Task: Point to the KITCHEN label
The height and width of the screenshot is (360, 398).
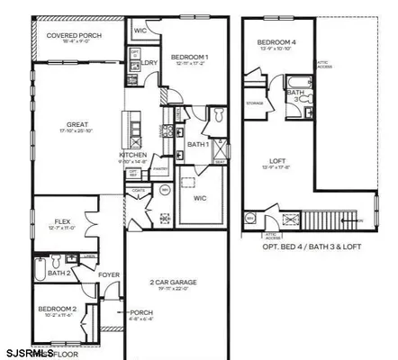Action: pyautogui.click(x=132, y=154)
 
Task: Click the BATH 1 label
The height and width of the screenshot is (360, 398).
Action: pyautogui.click(x=199, y=144)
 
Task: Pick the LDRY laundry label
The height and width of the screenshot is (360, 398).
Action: pyautogui.click(x=150, y=63)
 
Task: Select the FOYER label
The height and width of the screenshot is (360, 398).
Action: pyautogui.click(x=108, y=275)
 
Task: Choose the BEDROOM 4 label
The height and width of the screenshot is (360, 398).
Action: pyautogui.click(x=275, y=43)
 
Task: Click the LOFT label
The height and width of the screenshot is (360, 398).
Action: pyautogui.click(x=277, y=162)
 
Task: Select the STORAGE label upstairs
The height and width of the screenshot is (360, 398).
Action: pyautogui.click(x=255, y=103)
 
